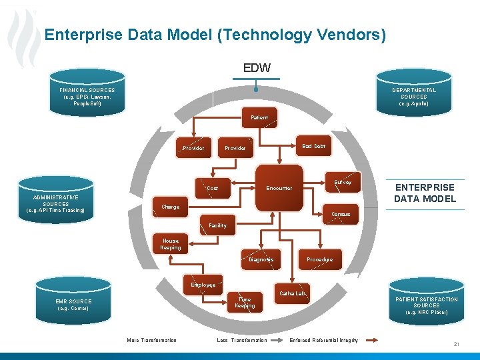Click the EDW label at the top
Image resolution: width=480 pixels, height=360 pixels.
pyautogui.click(x=257, y=67)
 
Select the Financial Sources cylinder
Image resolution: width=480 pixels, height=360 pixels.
pyautogui.click(x=87, y=97)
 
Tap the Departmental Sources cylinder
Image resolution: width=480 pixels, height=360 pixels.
pyautogui.click(x=414, y=97)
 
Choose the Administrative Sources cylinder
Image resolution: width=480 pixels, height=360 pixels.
pyautogui.click(x=56, y=204)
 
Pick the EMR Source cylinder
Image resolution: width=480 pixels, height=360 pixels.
pyautogui.click(x=73, y=305)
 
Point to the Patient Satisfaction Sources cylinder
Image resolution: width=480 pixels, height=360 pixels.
pyautogui.click(x=427, y=305)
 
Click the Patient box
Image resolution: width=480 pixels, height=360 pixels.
pyautogui.click(x=259, y=117)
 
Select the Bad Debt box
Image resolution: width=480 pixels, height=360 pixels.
pyautogui.click(x=313, y=146)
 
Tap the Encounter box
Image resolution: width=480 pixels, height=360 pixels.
pyautogui.click(x=279, y=188)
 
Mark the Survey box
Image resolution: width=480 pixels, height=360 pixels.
pyautogui.click(x=343, y=182)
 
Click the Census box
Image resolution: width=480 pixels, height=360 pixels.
pyautogui.click(x=341, y=214)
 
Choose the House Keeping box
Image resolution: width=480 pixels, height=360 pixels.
pyautogui.click(x=171, y=245)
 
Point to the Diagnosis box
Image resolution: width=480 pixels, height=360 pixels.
pyautogui.click(x=261, y=259)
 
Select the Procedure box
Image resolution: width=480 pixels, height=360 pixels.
pyautogui.click(x=319, y=259)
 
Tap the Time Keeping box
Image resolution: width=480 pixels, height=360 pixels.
pyautogui.click(x=245, y=303)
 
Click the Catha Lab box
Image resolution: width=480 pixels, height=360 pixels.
pyautogui.click(x=293, y=293)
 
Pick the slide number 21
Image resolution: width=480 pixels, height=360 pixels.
pyautogui.click(x=457, y=343)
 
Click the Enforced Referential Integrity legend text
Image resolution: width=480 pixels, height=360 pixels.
pyautogui.click(x=323, y=340)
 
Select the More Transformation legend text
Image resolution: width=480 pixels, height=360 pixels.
pyautogui.click(x=152, y=340)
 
